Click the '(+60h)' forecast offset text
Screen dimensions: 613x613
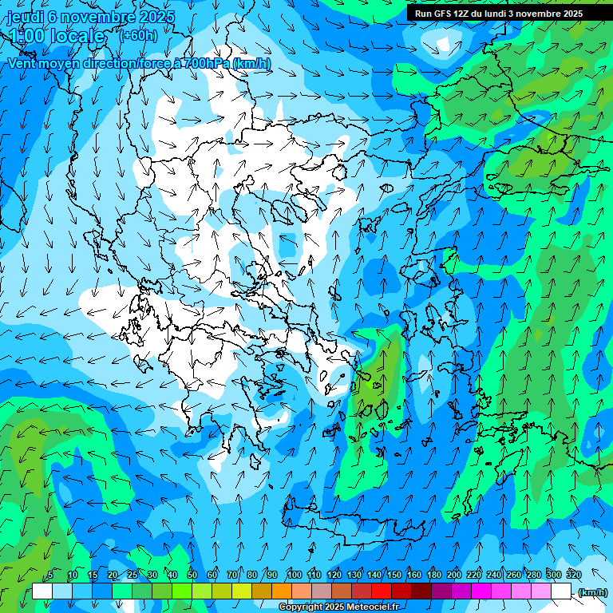point(138,35)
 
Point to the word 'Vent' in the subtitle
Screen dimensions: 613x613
point(23,64)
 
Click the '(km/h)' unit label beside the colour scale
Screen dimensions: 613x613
point(592,592)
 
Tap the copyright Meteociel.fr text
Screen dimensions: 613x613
point(338,607)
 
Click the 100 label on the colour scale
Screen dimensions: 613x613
point(294,575)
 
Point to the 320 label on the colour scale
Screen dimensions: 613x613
point(573,575)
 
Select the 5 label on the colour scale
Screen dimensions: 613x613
point(50,575)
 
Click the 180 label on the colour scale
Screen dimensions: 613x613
point(433,575)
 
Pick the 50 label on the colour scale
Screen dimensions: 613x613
point(192,575)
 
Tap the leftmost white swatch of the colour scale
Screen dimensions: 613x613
point(42,591)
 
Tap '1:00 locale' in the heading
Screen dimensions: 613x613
point(57,36)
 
